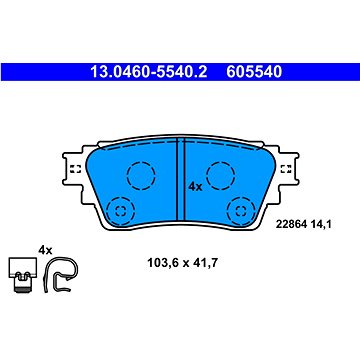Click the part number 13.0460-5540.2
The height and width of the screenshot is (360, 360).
(149, 72)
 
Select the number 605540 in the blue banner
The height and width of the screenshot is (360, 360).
(254, 72)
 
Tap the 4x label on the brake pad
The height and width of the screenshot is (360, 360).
(195, 187)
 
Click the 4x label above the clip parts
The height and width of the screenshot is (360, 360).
(45, 250)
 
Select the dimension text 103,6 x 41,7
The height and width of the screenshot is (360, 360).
(183, 263)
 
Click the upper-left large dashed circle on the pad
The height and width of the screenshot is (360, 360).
(141, 175)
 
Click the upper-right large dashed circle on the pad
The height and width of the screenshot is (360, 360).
(221, 175)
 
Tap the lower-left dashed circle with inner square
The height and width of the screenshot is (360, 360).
(120, 210)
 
